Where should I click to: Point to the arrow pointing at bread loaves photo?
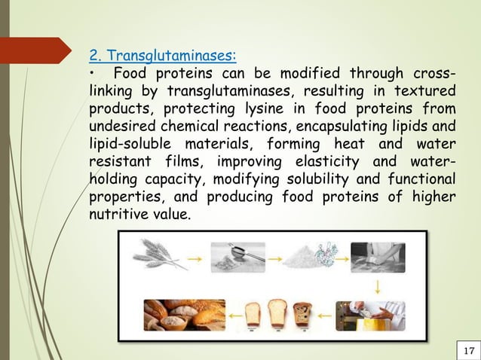(213, 316)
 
